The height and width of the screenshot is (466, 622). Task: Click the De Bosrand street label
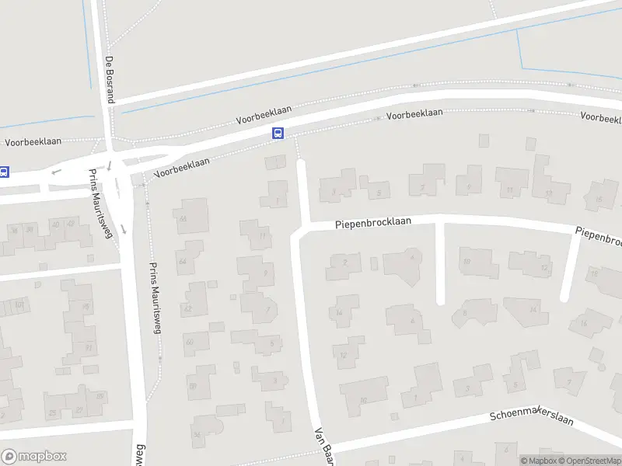tap(110, 80)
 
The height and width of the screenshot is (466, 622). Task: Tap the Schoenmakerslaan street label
tap(532, 418)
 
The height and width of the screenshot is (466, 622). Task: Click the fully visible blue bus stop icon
tap(278, 134)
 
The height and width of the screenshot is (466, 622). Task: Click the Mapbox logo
tap(33, 457)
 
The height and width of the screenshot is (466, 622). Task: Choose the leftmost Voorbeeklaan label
tap(33, 143)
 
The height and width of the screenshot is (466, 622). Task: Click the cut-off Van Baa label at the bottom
tap(323, 446)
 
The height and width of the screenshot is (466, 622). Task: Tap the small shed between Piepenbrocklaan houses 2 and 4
tap(374, 264)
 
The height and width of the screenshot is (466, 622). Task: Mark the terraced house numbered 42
tap(70, 224)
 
